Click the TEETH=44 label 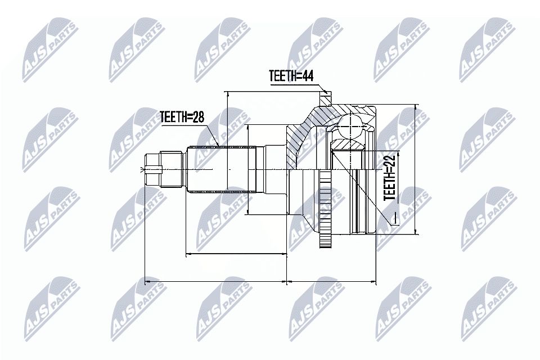(x=291, y=76)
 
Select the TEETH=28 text (x=182, y=117)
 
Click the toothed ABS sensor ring (x=325, y=209)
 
